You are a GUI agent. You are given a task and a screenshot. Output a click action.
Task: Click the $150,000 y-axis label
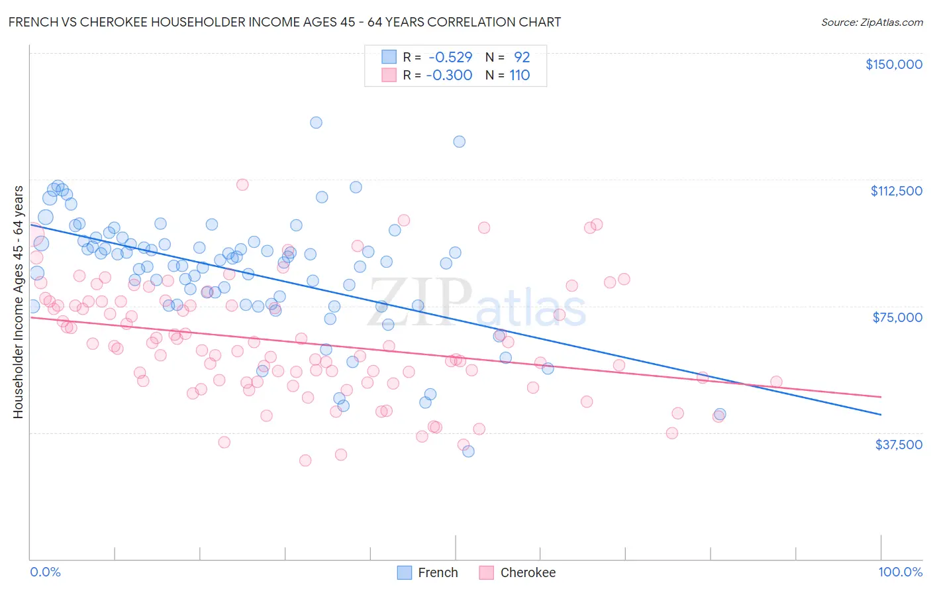893,64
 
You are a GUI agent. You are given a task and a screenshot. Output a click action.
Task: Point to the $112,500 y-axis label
896,191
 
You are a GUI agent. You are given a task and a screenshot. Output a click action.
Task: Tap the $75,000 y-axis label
897,317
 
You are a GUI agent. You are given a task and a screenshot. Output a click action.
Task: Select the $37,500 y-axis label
899,445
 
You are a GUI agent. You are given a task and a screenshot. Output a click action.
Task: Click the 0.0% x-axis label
45,572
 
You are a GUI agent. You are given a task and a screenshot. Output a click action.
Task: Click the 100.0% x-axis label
900,572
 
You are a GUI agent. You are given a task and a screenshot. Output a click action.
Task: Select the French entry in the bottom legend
437,572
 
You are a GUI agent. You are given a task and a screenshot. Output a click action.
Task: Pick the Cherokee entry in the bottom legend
527,572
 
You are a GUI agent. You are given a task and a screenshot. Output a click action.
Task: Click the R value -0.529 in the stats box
450,58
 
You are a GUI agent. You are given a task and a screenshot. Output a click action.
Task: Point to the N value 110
520,76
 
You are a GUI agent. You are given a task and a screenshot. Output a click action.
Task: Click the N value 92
522,58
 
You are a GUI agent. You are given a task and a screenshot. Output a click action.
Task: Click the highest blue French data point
317,123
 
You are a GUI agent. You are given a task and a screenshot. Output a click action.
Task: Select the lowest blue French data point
468,451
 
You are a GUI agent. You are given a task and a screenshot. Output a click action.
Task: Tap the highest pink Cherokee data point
242,185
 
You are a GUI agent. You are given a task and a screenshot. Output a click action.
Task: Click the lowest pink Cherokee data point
305,460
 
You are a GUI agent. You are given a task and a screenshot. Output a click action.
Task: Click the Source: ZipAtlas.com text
871,22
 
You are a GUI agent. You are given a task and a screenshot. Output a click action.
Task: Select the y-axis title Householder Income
19,301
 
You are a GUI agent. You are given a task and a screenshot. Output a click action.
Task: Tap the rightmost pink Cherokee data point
776,382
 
